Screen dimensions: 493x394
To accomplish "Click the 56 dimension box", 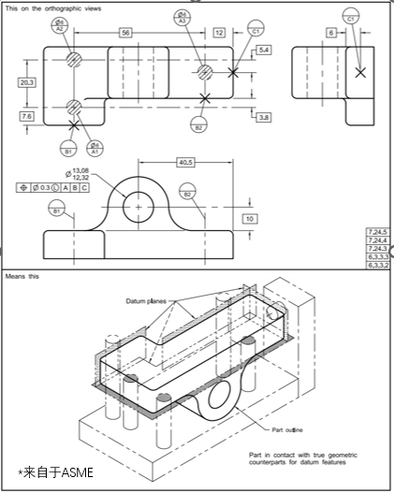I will coord(125,33).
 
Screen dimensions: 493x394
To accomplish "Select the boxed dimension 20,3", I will coord(27,82).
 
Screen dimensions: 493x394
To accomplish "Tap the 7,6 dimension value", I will coord(27,116).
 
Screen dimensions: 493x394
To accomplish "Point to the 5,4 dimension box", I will coord(263,49).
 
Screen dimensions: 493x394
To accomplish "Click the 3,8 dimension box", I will coord(263,117).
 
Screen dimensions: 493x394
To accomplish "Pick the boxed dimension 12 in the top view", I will coord(219,33).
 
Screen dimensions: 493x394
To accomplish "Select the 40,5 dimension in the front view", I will coord(185,162).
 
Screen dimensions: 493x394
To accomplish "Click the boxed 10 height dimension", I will coord(250,218).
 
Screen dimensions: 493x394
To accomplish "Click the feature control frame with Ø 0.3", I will coord(53,187).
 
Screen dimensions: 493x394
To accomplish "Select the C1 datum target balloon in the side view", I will coord(350,18).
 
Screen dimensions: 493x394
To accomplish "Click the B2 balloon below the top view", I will coord(198,126).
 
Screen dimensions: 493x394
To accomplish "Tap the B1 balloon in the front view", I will coord(56,211).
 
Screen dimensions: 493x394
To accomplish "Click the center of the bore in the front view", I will coord(139,205).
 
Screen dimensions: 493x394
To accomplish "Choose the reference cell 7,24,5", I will coord(378,231).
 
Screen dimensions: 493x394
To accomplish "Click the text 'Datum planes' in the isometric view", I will coord(145,300).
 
